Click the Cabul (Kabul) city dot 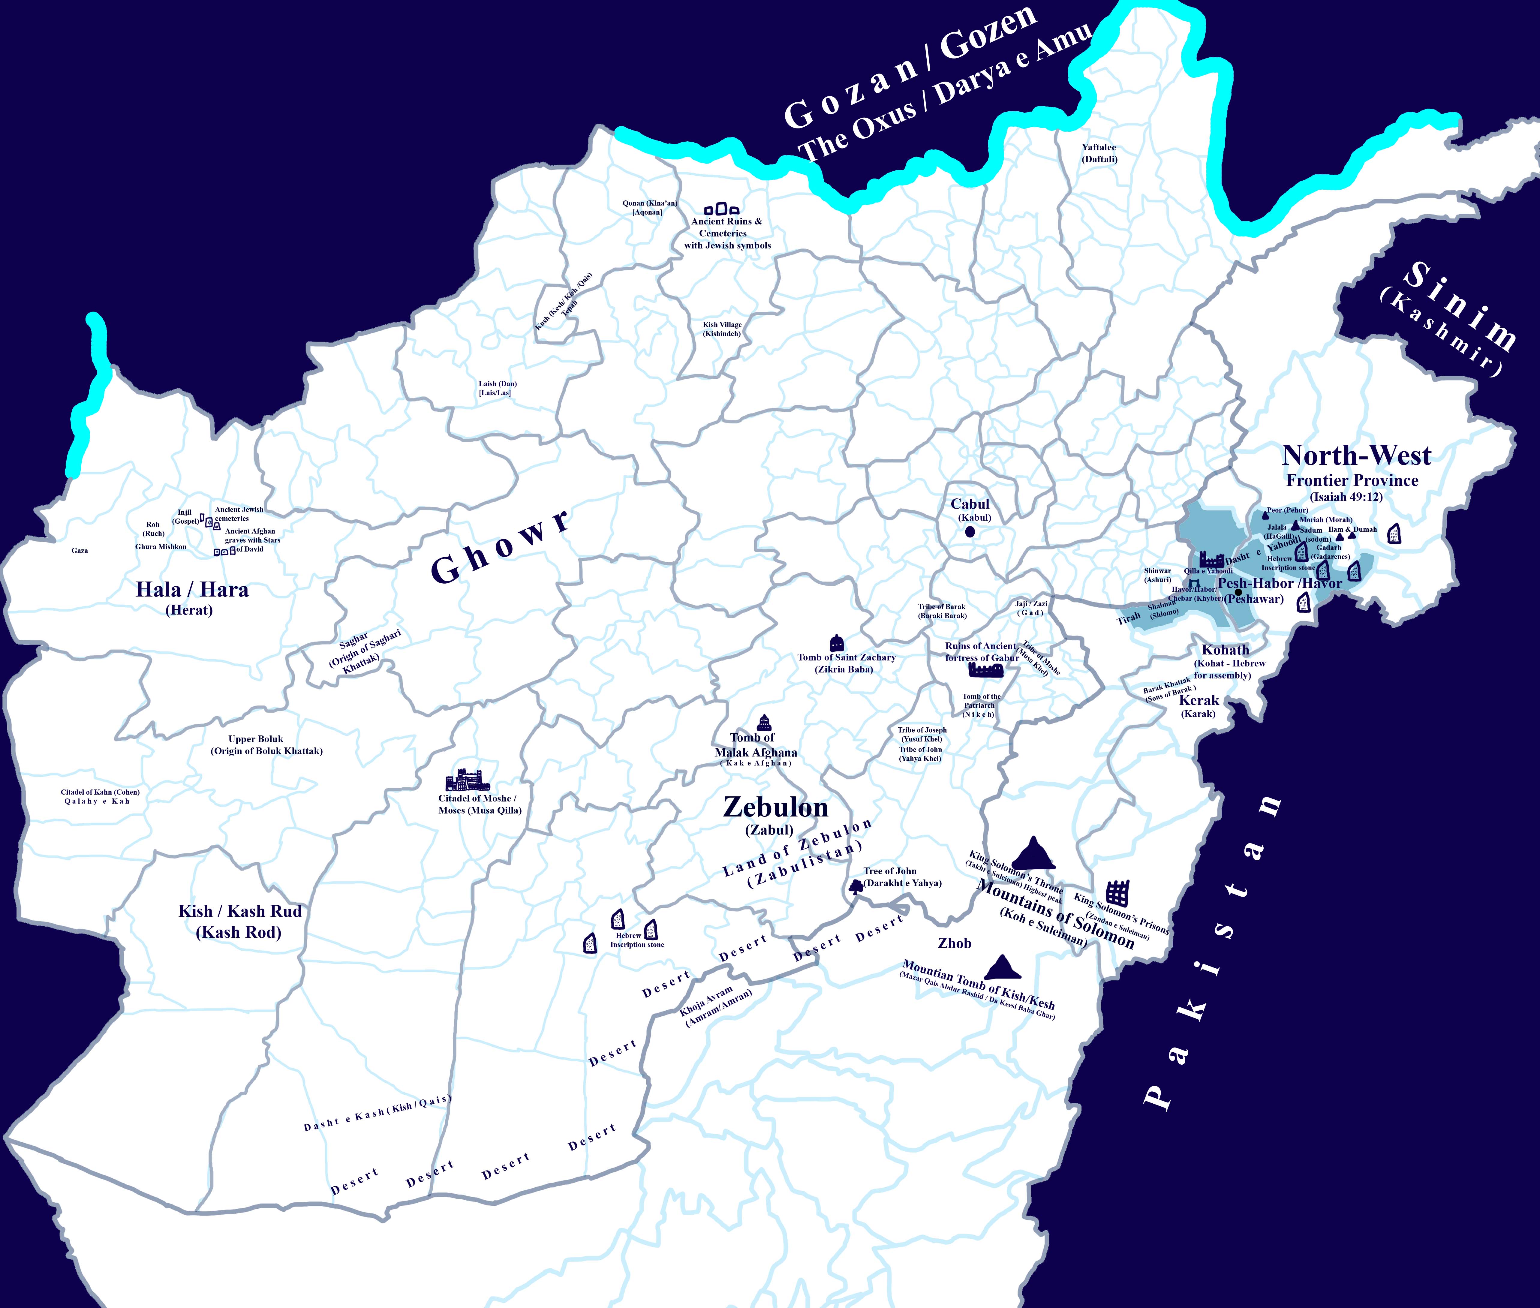tap(970, 532)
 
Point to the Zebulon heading tap(775, 807)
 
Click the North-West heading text tap(1356, 455)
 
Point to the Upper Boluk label tap(256, 739)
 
